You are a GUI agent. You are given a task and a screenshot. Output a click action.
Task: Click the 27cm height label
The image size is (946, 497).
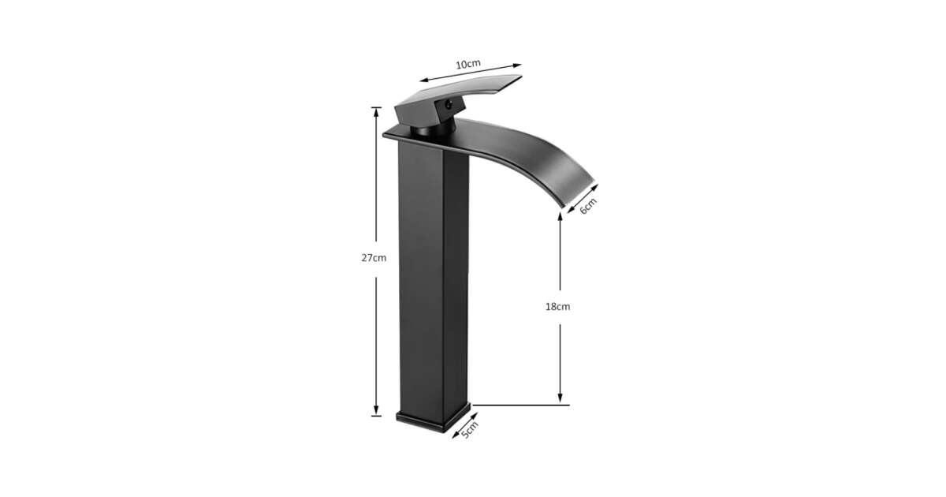click(374, 258)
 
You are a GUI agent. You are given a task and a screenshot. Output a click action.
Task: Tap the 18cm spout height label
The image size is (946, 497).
click(557, 307)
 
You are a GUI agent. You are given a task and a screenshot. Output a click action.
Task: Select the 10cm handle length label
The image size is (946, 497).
click(468, 64)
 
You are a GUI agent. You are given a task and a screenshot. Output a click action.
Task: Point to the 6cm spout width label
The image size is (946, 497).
click(588, 206)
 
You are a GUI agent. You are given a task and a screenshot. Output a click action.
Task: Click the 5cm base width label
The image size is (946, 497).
click(470, 430)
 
